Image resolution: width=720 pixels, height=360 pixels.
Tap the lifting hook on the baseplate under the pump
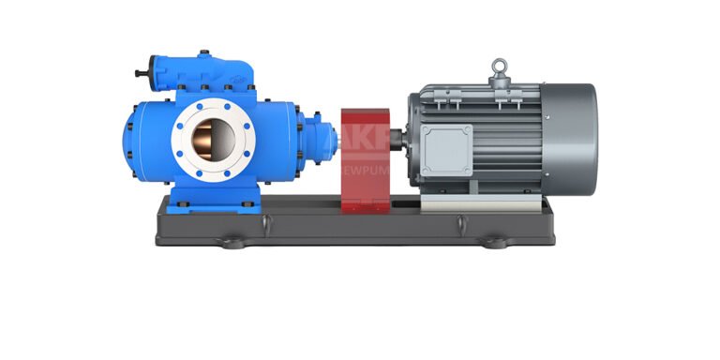point(264,222)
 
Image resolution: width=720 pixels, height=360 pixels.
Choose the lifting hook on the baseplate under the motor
point(461,222)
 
